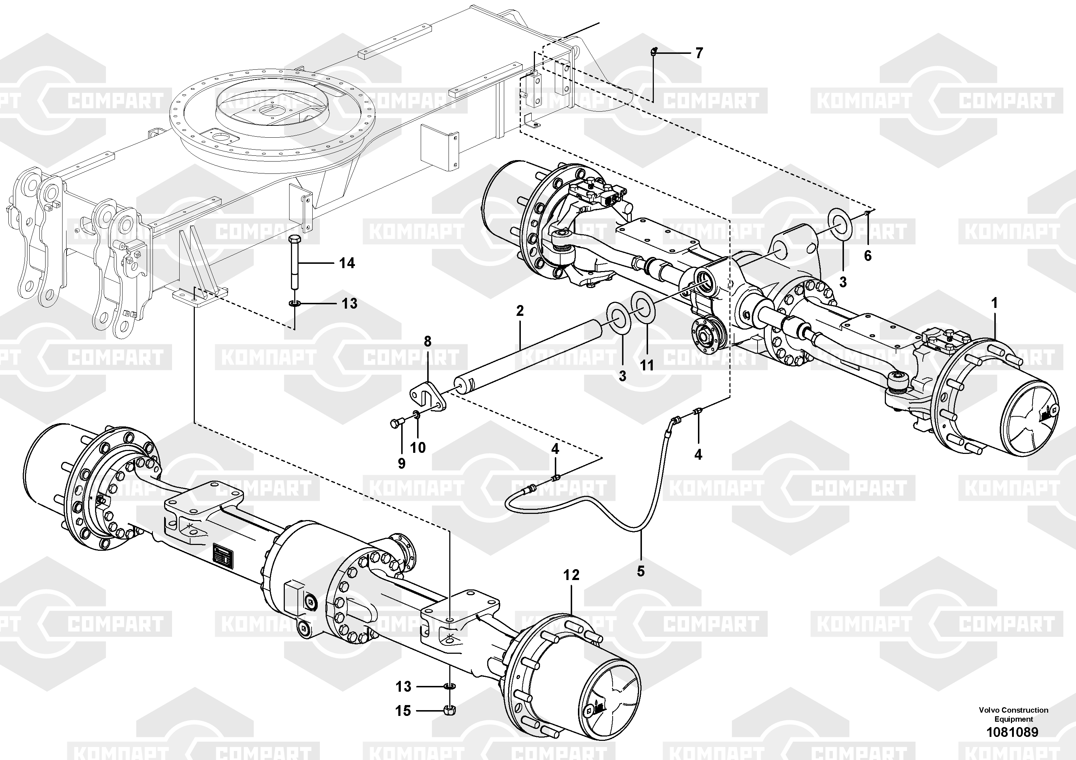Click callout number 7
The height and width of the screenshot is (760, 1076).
pos(699,53)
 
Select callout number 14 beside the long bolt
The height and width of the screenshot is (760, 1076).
pos(347,263)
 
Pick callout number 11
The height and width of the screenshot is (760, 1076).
pos(647,365)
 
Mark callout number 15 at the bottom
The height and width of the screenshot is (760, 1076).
pos(403,711)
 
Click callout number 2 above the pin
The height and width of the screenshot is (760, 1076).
pos(520,311)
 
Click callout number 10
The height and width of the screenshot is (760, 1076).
pos(418,447)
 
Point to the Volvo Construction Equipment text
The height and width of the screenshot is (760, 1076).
pos(1013,714)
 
